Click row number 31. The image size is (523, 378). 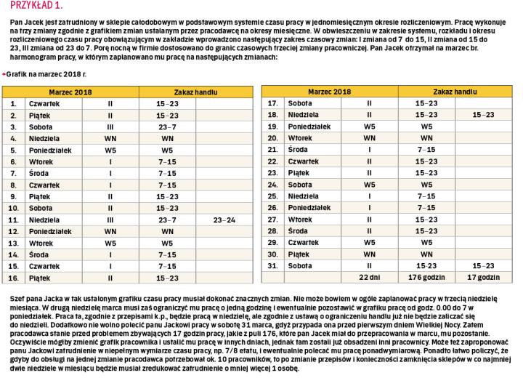(274, 265)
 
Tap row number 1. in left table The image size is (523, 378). (13, 103)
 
